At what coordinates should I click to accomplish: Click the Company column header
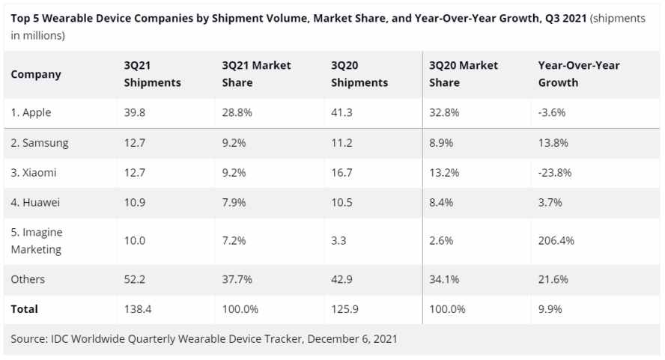click(36, 74)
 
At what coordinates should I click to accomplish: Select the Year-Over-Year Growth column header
click(579, 74)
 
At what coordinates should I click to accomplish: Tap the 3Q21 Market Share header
click(256, 74)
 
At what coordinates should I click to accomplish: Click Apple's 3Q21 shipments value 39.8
click(136, 113)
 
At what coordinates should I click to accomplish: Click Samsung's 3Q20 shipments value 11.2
click(342, 143)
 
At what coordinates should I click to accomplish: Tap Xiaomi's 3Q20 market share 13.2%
click(445, 172)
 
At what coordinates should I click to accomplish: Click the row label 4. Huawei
click(35, 202)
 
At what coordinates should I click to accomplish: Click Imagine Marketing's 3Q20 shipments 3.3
click(338, 241)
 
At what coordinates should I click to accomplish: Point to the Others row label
click(28, 279)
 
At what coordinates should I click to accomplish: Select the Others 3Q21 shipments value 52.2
click(136, 279)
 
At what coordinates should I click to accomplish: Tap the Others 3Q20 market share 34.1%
click(445, 279)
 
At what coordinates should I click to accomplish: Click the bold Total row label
click(25, 308)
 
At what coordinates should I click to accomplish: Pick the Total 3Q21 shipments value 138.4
click(139, 308)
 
